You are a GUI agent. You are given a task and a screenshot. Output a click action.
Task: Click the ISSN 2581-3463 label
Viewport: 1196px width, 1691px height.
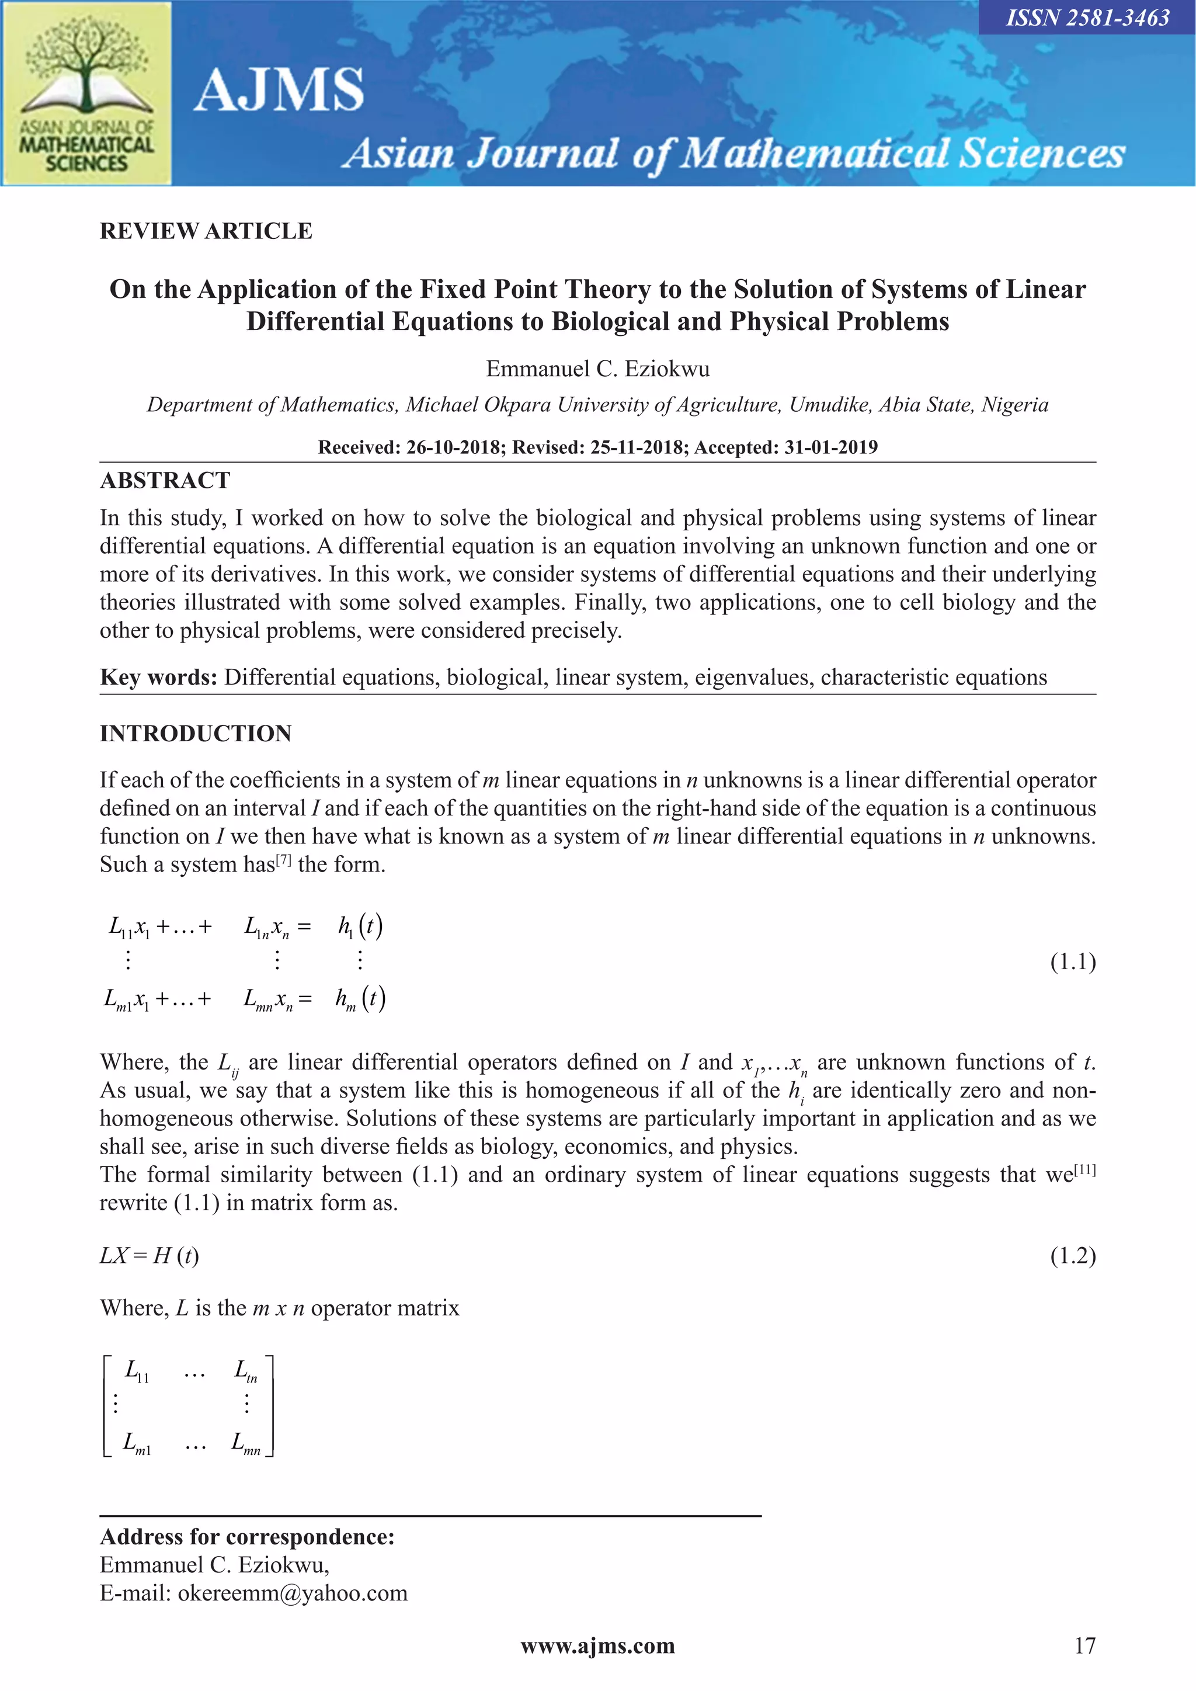(1087, 18)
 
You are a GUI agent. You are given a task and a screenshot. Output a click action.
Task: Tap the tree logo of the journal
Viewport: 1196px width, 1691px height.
(87, 66)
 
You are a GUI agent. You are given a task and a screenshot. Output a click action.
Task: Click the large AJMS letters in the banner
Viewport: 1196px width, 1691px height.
(279, 90)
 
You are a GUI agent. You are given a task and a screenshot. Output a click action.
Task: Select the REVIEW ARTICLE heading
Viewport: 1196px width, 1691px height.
(206, 231)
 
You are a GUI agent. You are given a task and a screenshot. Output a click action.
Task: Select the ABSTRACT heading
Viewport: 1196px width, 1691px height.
(165, 480)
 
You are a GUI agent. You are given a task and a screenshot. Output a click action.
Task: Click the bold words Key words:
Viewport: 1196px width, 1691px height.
(158, 677)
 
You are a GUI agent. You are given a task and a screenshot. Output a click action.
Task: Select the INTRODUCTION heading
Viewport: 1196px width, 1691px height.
(196, 734)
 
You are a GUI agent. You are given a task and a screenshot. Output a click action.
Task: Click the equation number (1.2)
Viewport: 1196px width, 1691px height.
(1072, 1255)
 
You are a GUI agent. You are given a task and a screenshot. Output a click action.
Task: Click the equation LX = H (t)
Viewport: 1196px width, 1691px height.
(149, 1255)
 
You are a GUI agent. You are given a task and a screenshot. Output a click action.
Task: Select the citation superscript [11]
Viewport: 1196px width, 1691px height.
(1085, 1169)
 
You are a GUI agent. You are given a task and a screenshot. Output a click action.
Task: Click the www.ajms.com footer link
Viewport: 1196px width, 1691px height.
(597, 1646)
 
